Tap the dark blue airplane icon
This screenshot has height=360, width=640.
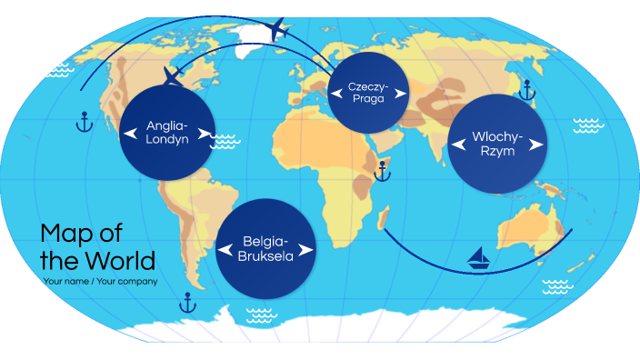(174, 74)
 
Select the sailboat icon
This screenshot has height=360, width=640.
(478, 259)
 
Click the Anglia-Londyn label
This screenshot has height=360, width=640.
(166, 133)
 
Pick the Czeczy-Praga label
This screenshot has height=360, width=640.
(368, 92)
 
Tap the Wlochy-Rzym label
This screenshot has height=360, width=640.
(497, 144)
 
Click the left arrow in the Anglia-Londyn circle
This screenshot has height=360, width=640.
(131, 134)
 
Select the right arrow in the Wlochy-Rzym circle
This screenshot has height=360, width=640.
(536, 144)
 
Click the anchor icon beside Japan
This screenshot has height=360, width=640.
(525, 88)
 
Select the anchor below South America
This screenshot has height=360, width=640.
(188, 302)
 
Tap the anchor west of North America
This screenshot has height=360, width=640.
(84, 121)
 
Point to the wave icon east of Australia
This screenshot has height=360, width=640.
(556, 286)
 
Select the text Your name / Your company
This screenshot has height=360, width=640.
(100, 281)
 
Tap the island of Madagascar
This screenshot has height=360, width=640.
(386, 217)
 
